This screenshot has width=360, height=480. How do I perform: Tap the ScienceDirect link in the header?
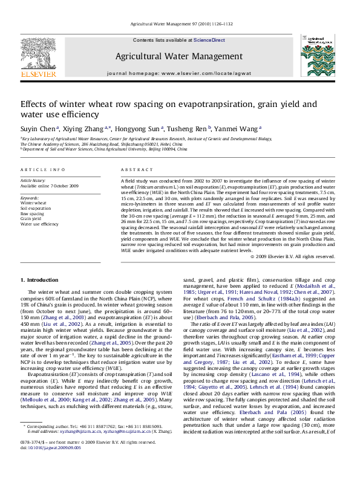click(209, 40)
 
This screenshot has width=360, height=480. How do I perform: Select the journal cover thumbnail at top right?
click(318, 59)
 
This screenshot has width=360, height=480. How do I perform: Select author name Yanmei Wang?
click(240, 128)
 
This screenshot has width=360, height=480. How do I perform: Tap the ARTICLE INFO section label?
click(43, 170)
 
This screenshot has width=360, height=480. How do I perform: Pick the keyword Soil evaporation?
click(35, 208)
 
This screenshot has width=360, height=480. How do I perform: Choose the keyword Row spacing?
click(32, 213)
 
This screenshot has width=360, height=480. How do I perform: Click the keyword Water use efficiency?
click(40, 224)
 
